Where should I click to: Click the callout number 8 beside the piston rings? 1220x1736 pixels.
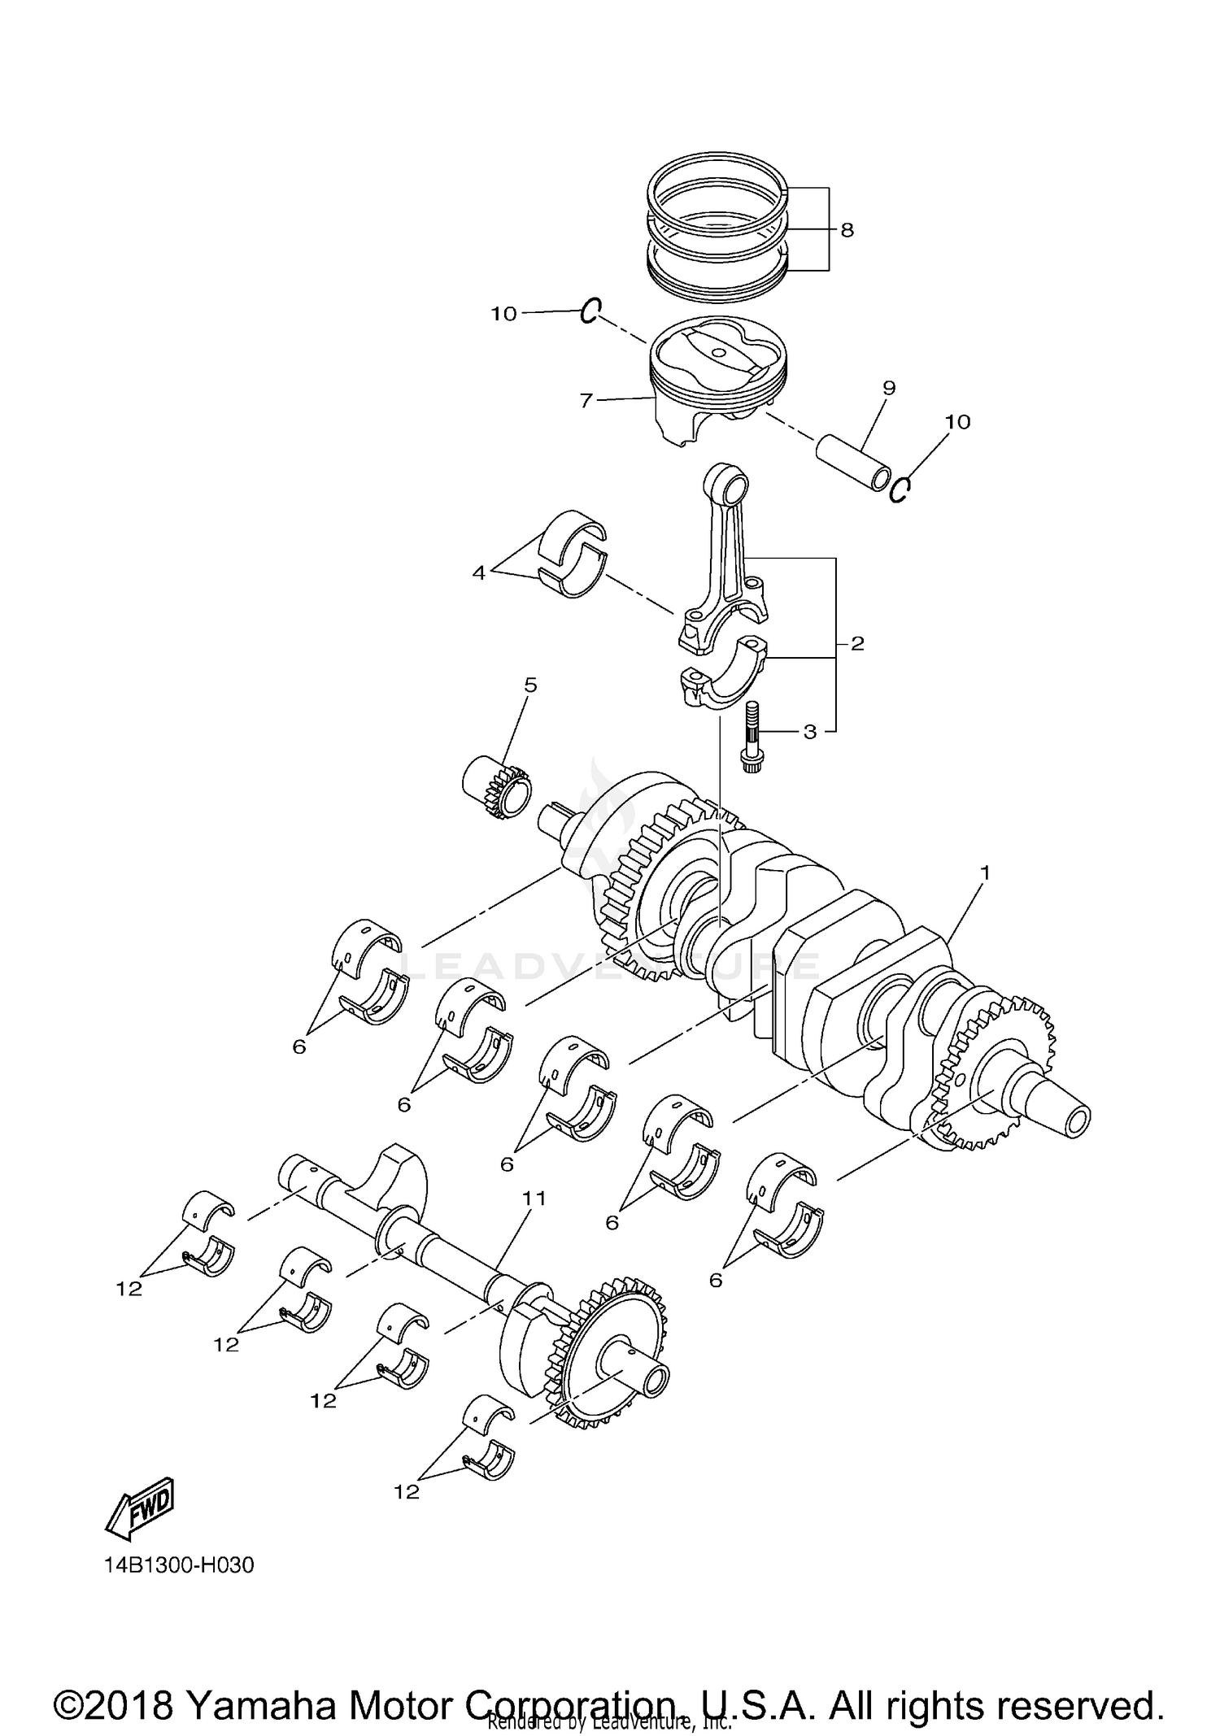point(847,230)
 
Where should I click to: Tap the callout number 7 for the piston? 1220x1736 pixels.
point(586,400)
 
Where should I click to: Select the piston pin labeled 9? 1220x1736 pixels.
point(853,460)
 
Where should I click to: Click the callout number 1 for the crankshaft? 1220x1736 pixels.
point(985,872)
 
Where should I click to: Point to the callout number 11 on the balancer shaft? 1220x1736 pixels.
point(534,1199)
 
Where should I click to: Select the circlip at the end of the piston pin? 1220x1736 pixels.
point(900,489)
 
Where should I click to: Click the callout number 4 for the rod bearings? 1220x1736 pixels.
point(479,573)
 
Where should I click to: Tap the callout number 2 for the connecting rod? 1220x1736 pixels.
point(857,644)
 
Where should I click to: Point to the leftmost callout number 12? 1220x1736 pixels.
point(129,1289)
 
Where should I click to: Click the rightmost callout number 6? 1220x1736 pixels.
point(716,1281)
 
